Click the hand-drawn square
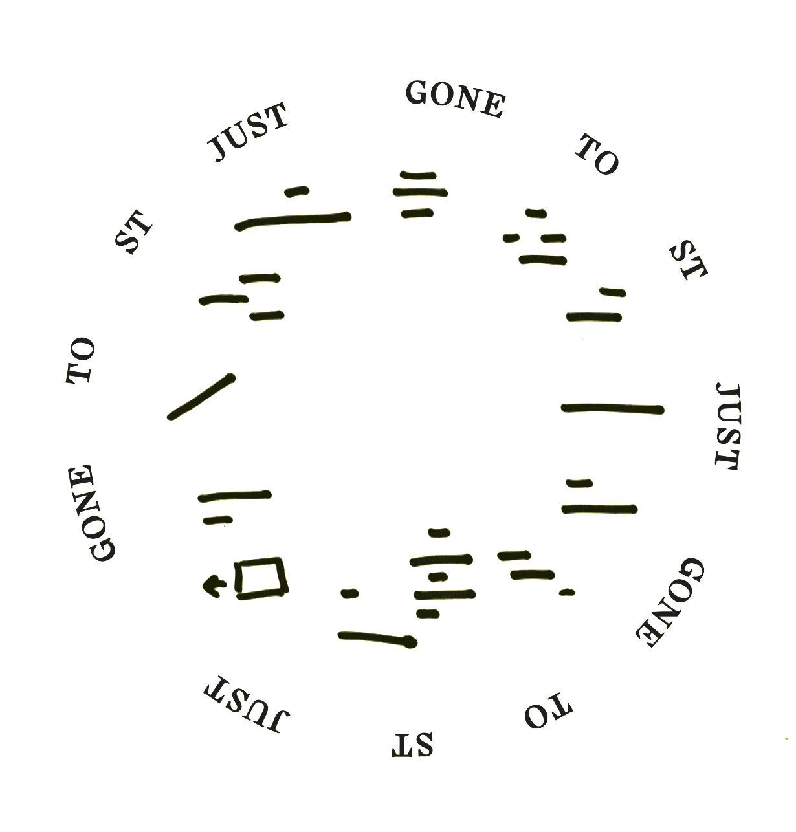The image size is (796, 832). pos(261,578)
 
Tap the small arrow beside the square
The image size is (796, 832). pos(212,586)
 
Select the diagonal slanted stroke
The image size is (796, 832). pos(201,397)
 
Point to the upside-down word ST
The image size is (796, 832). pos(413,745)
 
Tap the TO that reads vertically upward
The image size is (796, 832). pos(82,360)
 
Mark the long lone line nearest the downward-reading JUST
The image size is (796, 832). pos(612,408)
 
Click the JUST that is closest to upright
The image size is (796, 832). pos(247,133)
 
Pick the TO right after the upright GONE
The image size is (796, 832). pos(598,155)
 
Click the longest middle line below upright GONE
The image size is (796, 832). pos(421,192)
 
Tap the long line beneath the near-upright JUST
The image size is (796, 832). pos(293,220)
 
